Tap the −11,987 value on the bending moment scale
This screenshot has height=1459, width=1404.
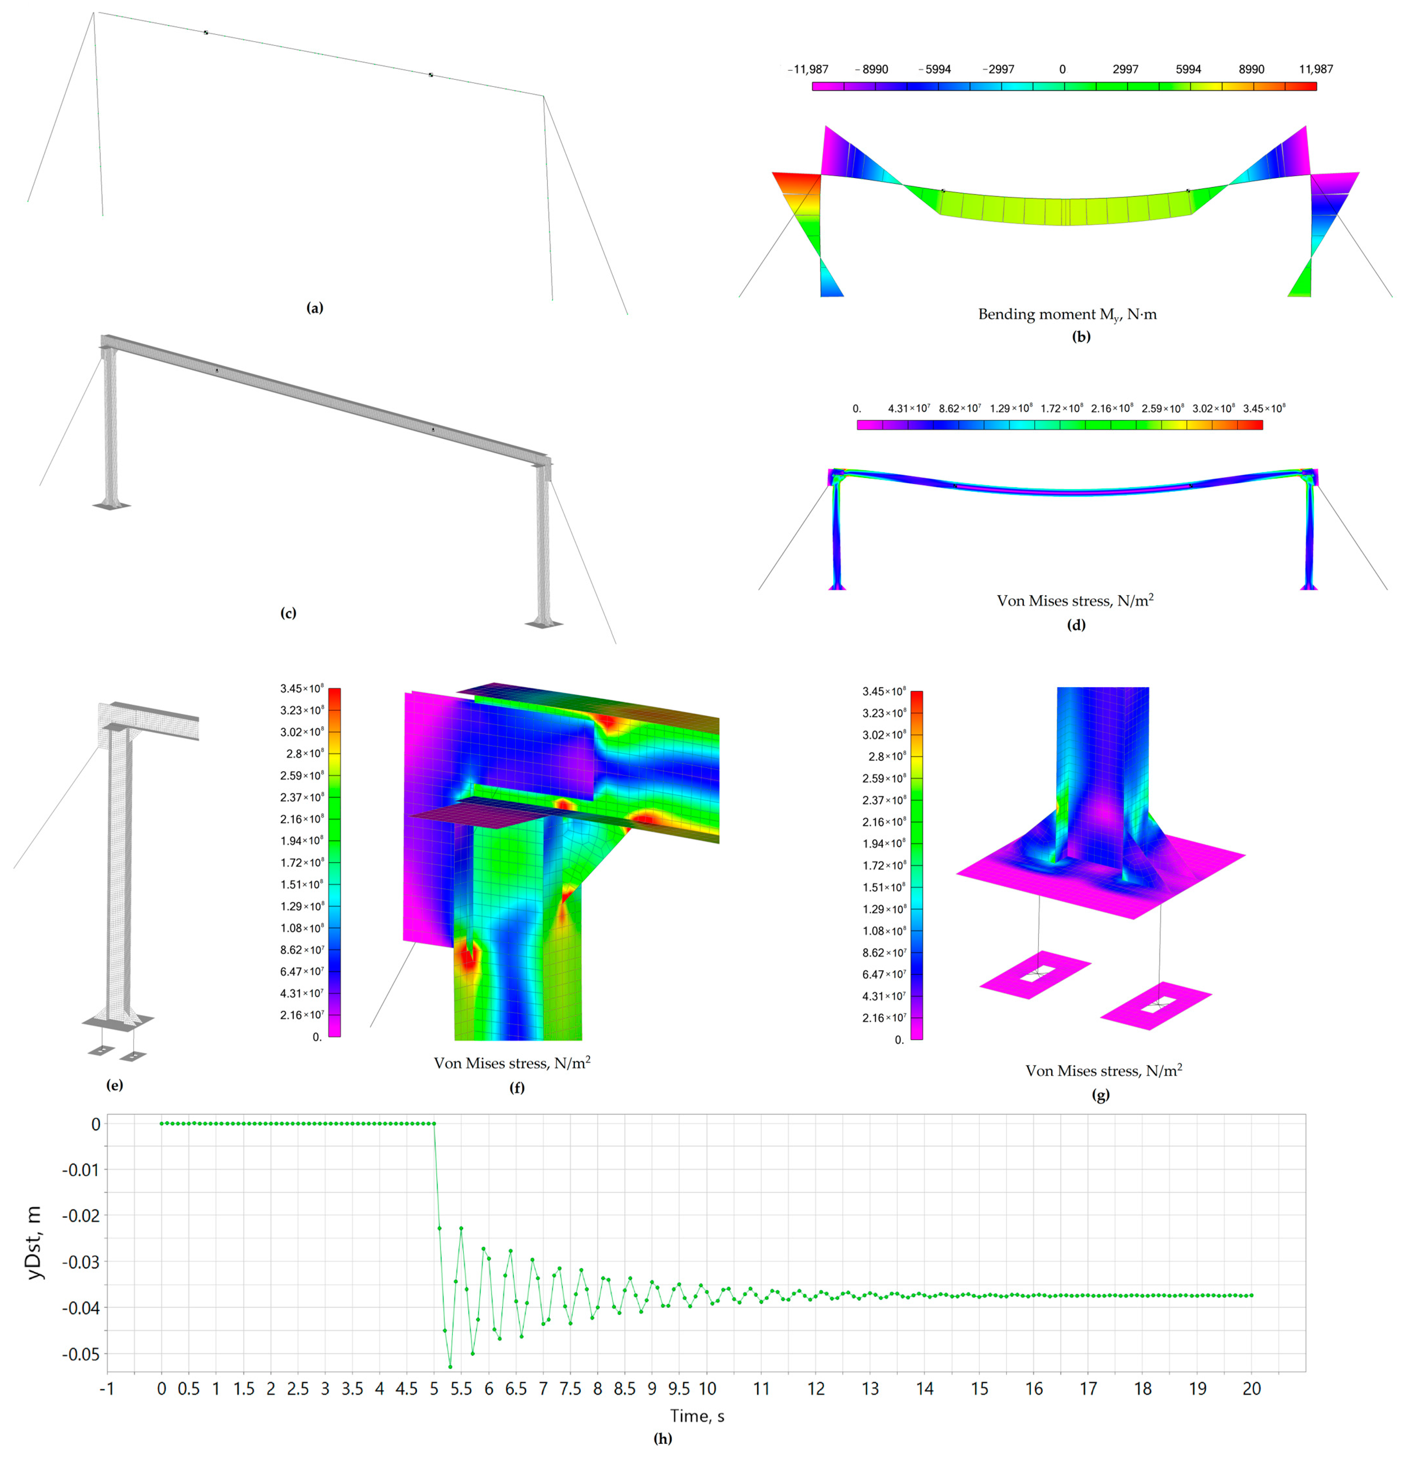tap(808, 69)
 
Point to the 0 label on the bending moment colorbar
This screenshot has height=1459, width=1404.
tap(1062, 69)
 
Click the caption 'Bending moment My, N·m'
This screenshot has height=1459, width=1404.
tap(1067, 314)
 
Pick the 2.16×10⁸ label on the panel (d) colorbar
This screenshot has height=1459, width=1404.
tap(1112, 408)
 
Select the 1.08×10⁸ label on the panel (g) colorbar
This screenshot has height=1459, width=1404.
tap(884, 931)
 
